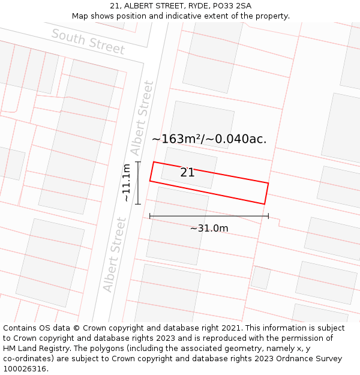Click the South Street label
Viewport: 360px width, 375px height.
click(88, 42)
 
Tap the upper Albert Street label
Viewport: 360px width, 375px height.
click(142, 118)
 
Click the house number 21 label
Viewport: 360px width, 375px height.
click(187, 173)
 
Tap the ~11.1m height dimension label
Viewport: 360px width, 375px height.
click(126, 182)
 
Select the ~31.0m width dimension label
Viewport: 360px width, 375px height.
click(209, 229)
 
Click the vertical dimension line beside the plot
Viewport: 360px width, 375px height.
click(138, 183)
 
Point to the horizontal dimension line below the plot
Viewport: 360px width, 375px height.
click(209, 216)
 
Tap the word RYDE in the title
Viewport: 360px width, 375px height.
click(191, 6)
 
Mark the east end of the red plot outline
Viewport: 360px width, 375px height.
click(266, 193)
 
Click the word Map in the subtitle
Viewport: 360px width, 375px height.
click(80, 16)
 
